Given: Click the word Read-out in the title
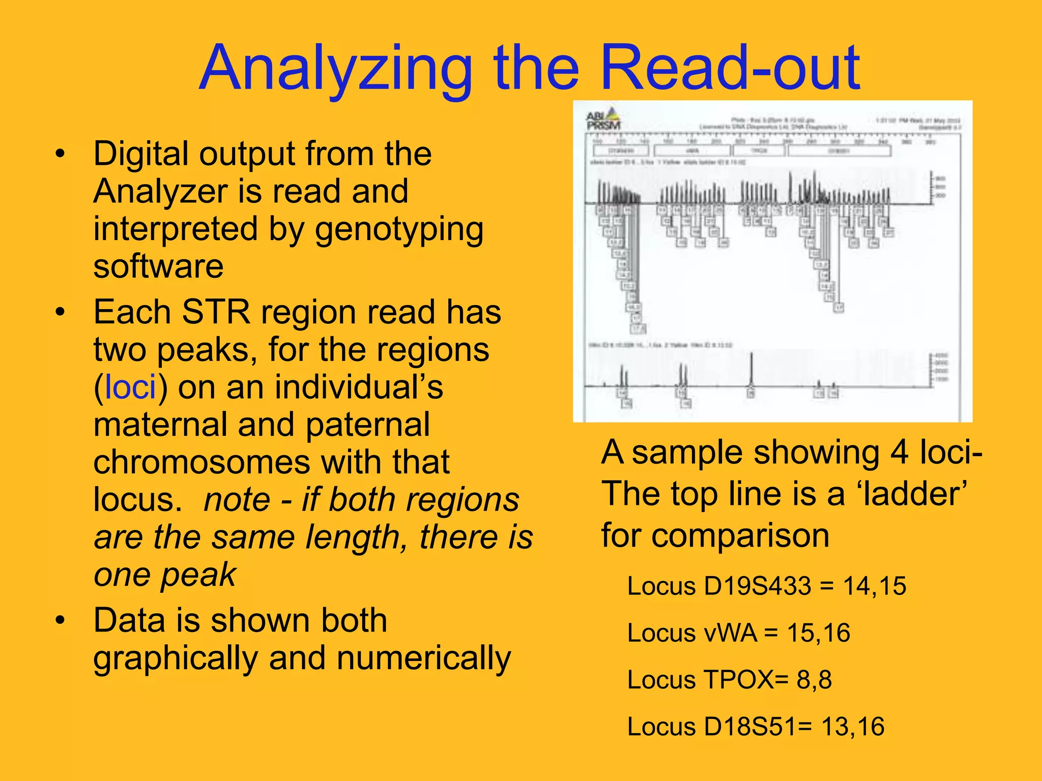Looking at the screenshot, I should (730, 69).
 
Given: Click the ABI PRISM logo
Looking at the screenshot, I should (603, 120).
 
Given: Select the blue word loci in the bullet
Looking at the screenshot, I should (130, 387).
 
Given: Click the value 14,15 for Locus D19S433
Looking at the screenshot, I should (875, 586).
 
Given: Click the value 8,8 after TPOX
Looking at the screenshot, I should (814, 680).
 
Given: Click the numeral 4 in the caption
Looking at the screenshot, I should (899, 453).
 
